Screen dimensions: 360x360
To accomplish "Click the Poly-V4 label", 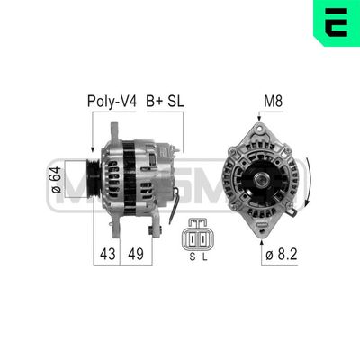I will [111, 102].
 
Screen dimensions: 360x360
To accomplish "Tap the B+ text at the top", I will [155, 102].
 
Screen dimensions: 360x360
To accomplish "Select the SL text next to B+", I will [176, 102].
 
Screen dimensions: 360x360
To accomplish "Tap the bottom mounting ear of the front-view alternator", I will [262, 230].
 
